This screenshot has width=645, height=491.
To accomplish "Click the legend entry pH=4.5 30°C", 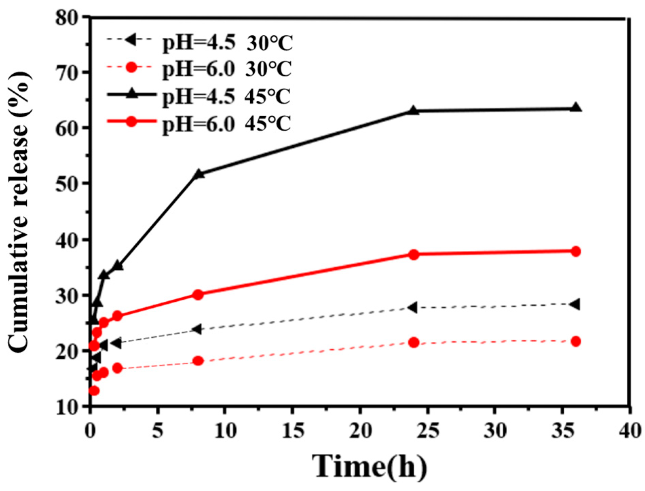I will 200,42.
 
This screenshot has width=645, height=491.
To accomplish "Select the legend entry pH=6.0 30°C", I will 200,69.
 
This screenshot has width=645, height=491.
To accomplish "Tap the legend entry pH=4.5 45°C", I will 200,96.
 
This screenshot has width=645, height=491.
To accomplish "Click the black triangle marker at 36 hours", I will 576,108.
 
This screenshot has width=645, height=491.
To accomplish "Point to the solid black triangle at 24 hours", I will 413,111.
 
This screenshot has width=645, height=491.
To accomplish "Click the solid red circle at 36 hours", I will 576,251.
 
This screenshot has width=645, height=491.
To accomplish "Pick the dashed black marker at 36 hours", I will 575,304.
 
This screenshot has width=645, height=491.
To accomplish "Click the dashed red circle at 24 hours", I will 414,343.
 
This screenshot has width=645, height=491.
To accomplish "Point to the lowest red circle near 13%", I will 94,391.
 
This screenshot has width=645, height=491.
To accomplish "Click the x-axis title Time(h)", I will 370,467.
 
